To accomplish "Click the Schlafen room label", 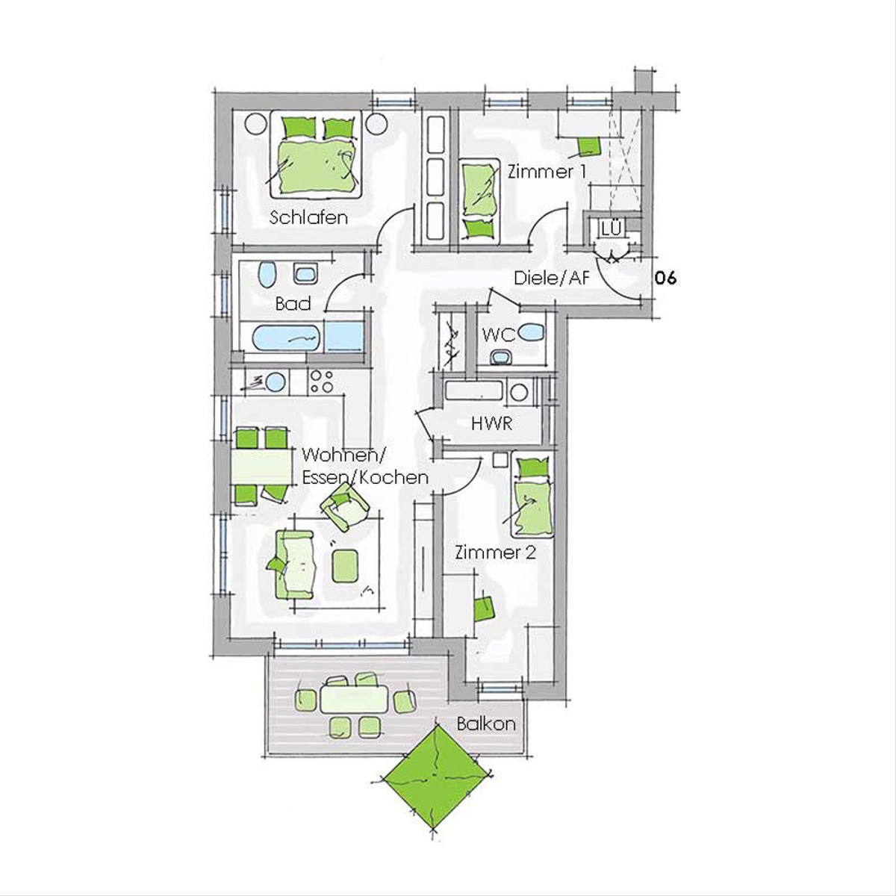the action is pos(308,217).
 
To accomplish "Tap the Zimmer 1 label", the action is pos(547,172).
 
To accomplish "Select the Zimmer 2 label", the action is pos(496,553).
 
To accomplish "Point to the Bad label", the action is pos(293,304).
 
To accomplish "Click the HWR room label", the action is pos(491,423).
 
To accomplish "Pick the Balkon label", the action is pos(486,724).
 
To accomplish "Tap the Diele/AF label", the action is pos(552,278).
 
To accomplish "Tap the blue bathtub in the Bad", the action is pos(287,338).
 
